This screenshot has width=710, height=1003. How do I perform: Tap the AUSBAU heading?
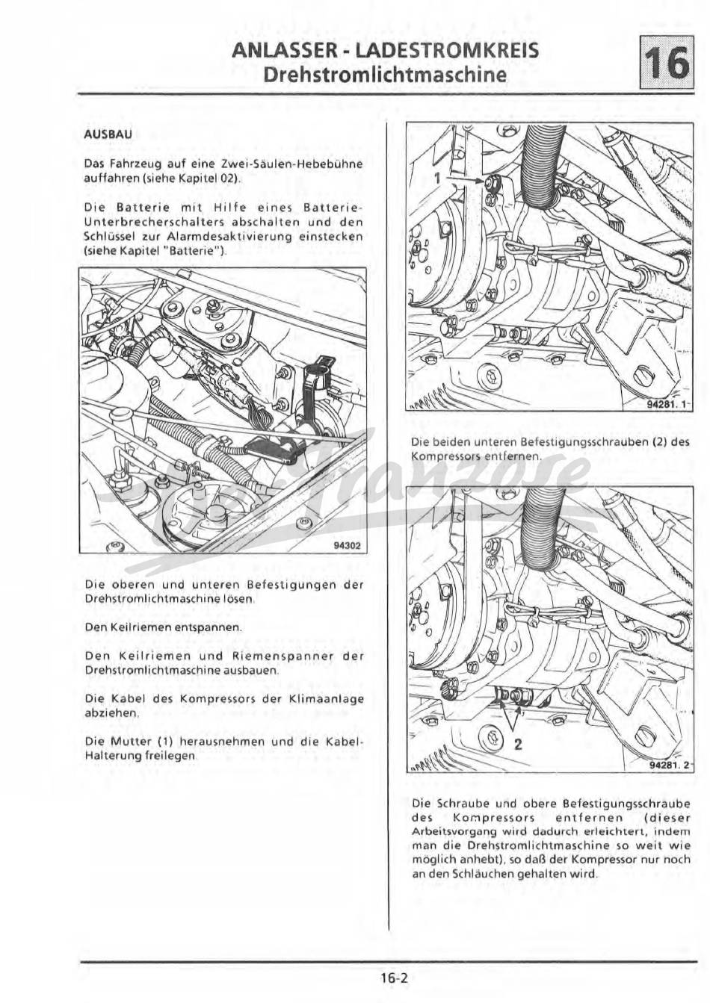coord(108,134)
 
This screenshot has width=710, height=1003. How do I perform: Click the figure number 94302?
coord(348,546)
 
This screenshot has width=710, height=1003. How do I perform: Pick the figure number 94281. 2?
coord(670,766)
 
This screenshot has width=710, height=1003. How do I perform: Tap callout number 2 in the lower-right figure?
coord(518,744)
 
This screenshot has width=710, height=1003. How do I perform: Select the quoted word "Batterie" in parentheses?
coord(198,250)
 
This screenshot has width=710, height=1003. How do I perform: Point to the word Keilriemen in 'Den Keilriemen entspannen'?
coord(141,627)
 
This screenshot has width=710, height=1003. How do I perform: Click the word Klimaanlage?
coord(330,699)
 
